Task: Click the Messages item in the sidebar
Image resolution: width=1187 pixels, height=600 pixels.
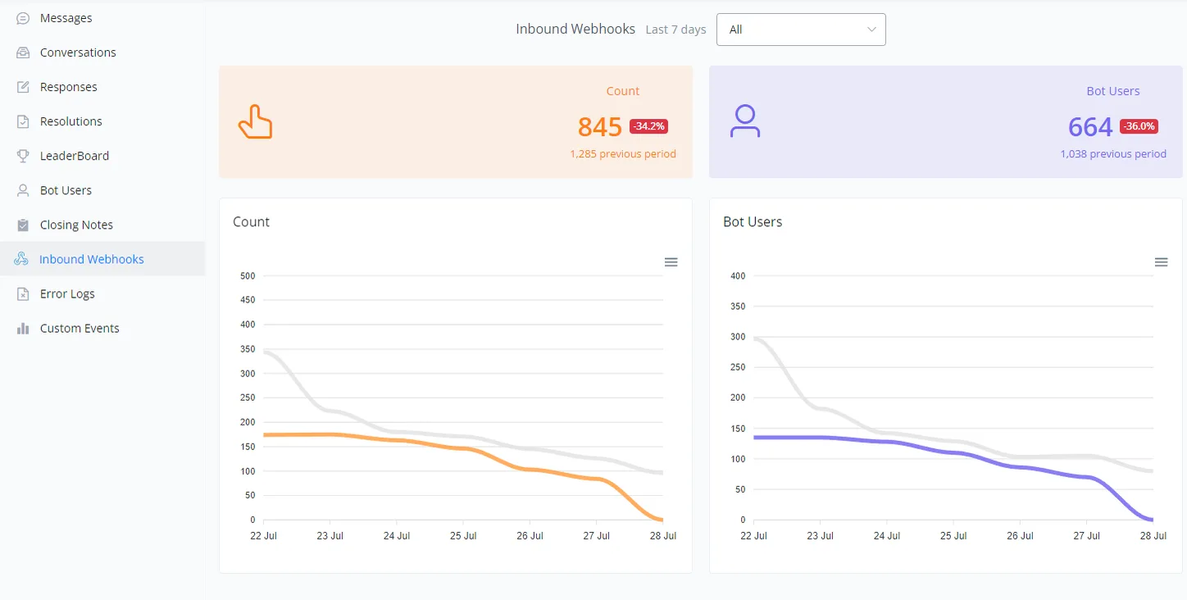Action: (66, 18)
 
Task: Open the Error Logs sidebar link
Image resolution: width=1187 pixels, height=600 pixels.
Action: (66, 293)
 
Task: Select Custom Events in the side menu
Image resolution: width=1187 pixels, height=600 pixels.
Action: (80, 328)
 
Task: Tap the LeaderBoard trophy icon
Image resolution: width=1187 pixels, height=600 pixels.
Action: (23, 156)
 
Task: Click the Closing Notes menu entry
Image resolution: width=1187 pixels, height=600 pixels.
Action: (76, 225)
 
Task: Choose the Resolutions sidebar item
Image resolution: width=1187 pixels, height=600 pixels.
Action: (70, 121)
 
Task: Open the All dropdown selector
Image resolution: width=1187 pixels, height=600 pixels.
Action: (801, 30)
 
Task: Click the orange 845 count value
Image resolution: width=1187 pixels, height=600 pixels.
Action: (599, 127)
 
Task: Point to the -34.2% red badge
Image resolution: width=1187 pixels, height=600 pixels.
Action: (648, 126)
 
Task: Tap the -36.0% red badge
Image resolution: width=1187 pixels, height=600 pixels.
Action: (1139, 126)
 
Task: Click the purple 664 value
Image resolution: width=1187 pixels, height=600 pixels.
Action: (1090, 127)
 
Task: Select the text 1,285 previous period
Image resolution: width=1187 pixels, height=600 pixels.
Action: (623, 154)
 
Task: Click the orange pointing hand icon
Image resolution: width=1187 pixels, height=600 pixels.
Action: (256, 122)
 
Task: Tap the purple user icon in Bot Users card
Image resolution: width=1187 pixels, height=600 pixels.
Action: (745, 120)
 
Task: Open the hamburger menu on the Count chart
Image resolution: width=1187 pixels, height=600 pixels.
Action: (671, 261)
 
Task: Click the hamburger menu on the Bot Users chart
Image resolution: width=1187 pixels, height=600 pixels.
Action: (1161, 261)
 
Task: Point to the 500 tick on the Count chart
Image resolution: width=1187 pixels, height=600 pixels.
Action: (248, 275)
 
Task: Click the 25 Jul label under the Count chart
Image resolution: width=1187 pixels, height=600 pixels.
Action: (463, 536)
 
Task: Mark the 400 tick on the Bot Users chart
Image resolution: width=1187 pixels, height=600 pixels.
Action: (738, 275)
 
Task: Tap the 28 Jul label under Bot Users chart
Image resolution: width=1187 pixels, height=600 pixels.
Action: (1153, 536)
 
